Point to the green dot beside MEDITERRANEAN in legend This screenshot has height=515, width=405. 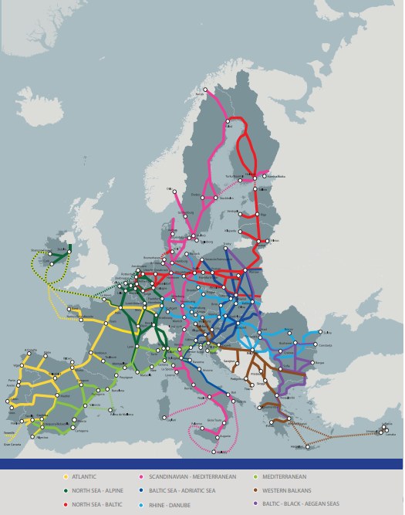tap(256, 477)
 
